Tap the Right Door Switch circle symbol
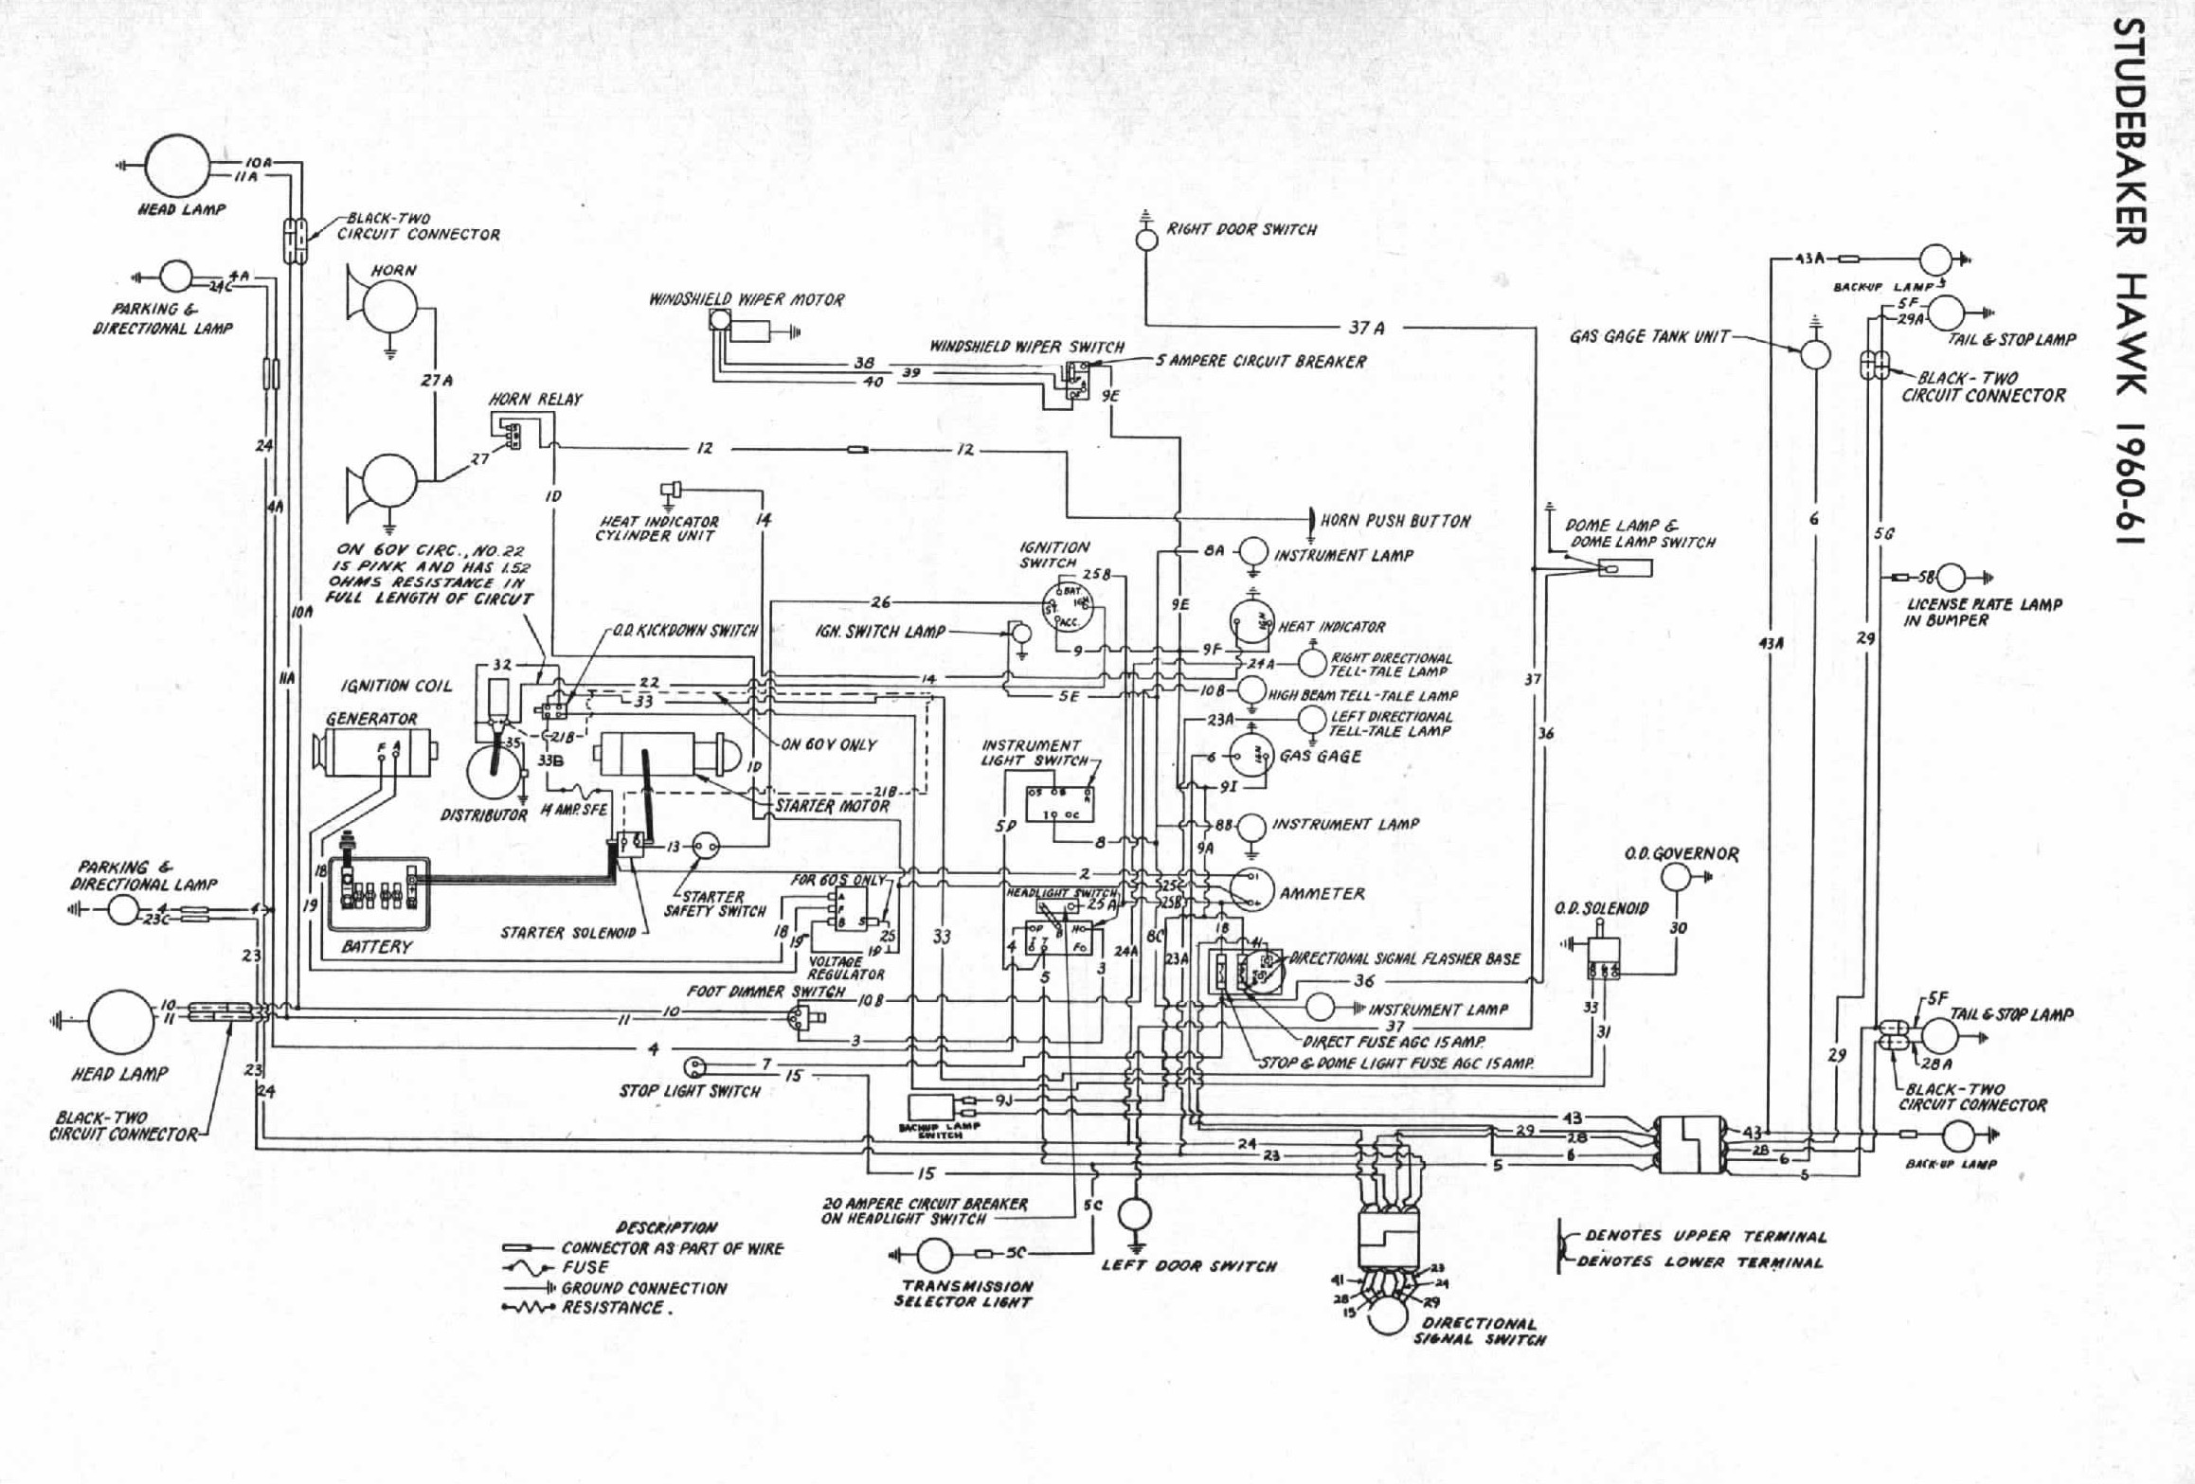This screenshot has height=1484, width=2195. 1146,240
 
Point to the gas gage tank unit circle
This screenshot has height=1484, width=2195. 1815,354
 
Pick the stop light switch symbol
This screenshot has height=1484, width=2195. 695,1066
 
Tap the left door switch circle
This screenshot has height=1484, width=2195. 1134,1213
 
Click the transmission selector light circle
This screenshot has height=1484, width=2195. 934,1255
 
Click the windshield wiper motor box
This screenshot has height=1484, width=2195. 765,331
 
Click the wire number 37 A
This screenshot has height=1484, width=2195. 1366,328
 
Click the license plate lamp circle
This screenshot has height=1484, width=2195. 1952,577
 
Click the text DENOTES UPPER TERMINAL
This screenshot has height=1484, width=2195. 1705,1236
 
